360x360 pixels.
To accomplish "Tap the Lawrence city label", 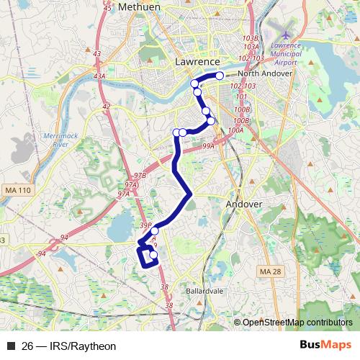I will pos(197,62).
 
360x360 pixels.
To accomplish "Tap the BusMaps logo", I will pos(326,346).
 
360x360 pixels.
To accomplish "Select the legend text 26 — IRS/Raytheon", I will pos(69,346).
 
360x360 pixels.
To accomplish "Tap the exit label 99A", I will pos(209,146).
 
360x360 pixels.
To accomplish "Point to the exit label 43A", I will pos(99,76).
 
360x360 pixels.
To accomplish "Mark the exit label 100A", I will pos(235,130).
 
